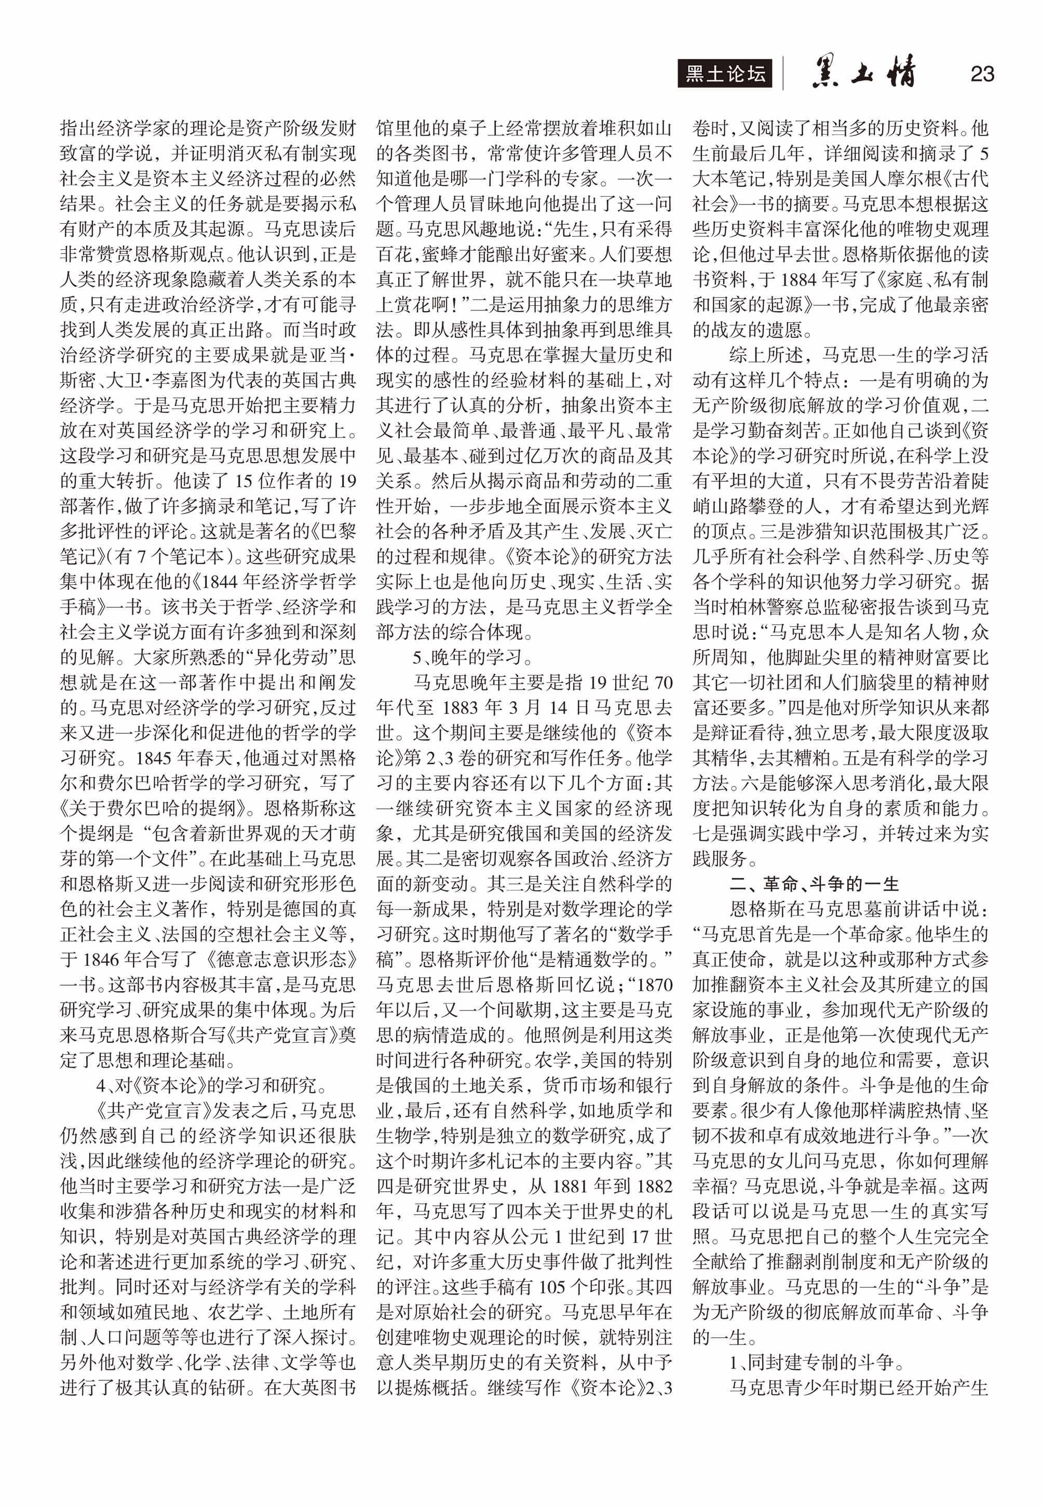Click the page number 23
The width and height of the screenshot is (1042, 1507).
click(x=981, y=74)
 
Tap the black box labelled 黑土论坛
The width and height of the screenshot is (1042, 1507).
click(x=725, y=74)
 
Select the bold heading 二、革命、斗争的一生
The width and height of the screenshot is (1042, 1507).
click(x=814, y=884)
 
